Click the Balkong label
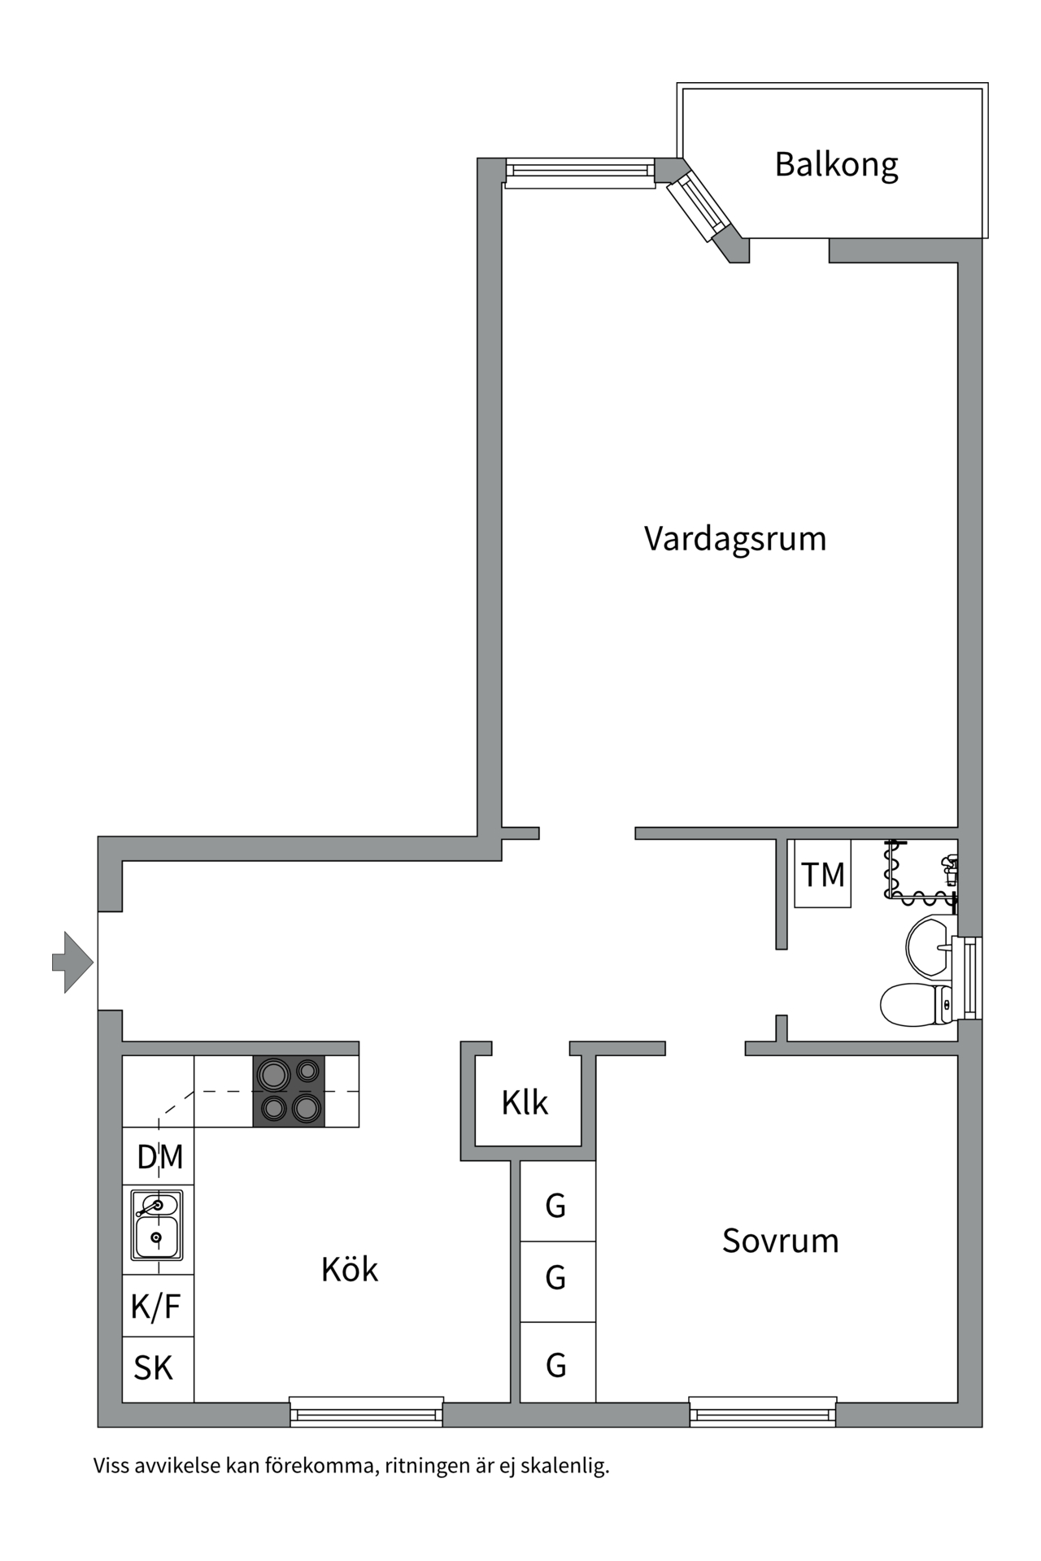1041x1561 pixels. point(836,165)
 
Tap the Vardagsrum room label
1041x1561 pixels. point(734,539)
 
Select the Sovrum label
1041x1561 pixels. point(780,1241)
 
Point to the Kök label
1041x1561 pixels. point(350,1270)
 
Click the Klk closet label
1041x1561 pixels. point(525,1103)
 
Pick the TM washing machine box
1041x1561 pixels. point(823,875)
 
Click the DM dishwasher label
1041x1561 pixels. point(159,1157)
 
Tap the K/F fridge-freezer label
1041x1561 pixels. point(156,1307)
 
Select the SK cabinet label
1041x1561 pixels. point(154,1368)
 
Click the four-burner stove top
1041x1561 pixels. point(289,1091)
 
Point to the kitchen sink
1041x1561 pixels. point(157,1225)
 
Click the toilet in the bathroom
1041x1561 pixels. point(914,1005)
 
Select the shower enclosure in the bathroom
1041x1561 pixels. point(921,872)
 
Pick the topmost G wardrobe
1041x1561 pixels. point(556,1206)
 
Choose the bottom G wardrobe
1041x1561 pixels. point(556,1366)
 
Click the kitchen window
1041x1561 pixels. point(367,1412)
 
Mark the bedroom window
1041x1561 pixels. point(763,1412)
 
